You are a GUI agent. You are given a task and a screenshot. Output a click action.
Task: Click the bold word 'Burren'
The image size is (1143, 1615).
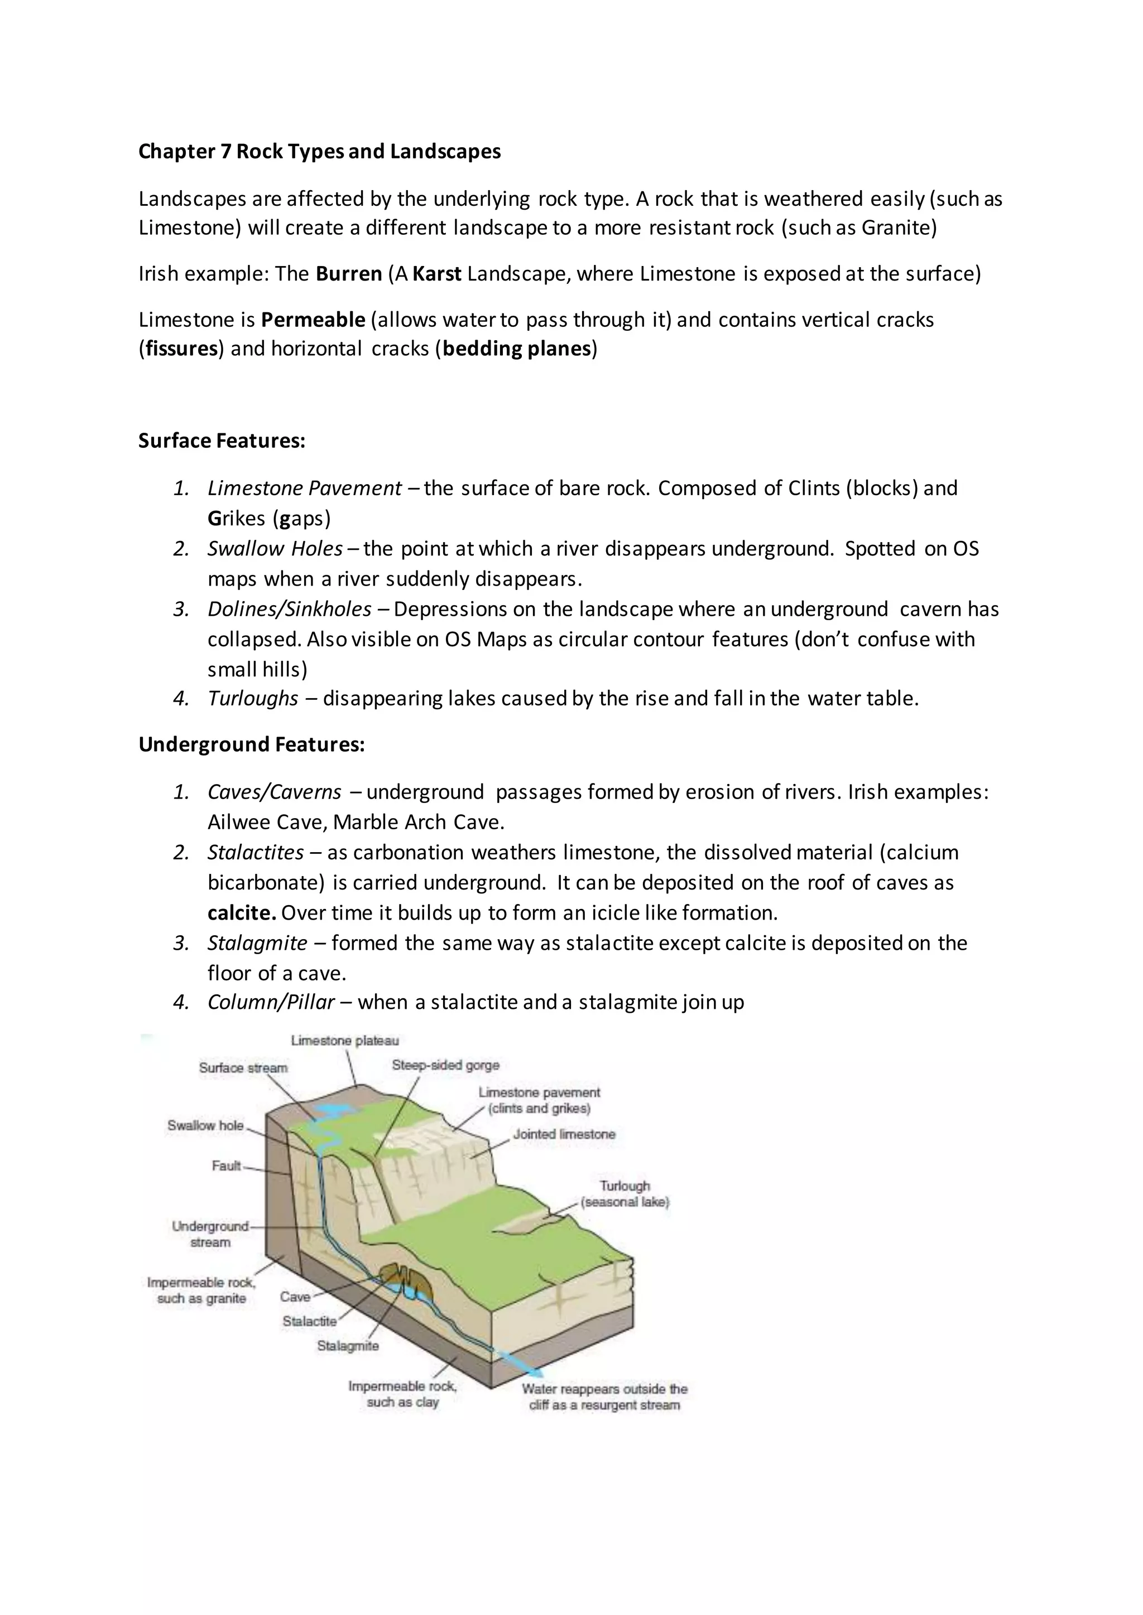[x=348, y=274]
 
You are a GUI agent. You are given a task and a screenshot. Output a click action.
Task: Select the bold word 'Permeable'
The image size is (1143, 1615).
[x=313, y=320]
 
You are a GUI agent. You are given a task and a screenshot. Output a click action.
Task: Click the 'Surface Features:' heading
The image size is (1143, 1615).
[x=222, y=441]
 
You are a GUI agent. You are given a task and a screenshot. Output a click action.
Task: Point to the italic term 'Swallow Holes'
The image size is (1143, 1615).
[x=275, y=549]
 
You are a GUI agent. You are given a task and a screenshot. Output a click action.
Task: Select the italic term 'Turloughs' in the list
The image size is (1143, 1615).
[x=253, y=698]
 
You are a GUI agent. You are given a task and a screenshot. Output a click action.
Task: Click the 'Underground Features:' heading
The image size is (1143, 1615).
[x=251, y=744]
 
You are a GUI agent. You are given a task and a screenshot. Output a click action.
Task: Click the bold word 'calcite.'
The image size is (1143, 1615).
[x=242, y=913]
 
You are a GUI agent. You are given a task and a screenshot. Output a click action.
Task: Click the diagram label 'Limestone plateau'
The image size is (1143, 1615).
[x=345, y=1040]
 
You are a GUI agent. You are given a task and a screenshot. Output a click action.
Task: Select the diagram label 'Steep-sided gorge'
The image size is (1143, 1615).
[x=445, y=1065]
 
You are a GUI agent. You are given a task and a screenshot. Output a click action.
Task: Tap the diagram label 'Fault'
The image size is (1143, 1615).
[x=226, y=1166]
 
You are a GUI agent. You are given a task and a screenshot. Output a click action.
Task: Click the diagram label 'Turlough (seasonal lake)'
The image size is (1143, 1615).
[x=625, y=1193]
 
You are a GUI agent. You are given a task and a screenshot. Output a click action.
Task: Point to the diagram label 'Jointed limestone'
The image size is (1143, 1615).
[x=564, y=1134]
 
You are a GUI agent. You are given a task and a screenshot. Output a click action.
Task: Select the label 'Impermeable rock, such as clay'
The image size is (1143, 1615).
[x=402, y=1394]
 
